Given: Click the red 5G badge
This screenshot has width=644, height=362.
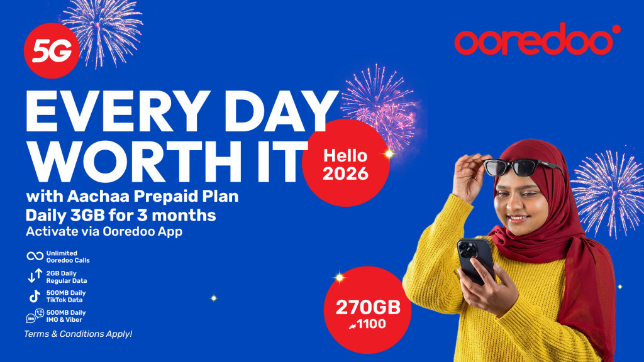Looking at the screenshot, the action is point(52,50).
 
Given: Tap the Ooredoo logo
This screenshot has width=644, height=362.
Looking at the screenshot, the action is point(538,39).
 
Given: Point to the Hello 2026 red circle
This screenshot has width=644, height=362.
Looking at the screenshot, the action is point(345,163).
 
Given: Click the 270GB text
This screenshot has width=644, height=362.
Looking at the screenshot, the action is point(368,307).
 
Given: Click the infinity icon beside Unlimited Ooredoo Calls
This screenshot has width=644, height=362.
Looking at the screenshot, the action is point(35,256).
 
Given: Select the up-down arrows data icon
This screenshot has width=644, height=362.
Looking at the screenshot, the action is point(35,276).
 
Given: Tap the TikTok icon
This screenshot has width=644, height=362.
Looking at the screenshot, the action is point(35,296).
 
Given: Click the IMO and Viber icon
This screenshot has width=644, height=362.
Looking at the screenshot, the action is point(35,315).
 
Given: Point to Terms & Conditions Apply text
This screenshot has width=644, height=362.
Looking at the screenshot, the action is point(78,334).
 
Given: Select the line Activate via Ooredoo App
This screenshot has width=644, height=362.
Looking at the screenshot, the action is point(104,231).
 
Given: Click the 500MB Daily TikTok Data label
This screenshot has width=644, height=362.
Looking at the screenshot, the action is point(65,297).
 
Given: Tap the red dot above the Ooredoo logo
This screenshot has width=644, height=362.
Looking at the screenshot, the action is point(616,29).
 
